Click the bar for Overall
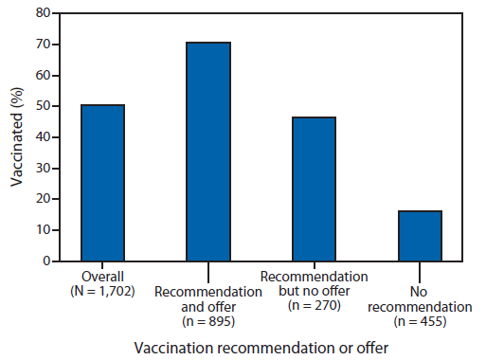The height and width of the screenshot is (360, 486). click(103, 182)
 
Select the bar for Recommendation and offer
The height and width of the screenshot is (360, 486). click(208, 151)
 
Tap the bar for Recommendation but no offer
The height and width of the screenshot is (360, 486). click(314, 189)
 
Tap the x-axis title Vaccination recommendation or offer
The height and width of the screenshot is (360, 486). click(261, 348)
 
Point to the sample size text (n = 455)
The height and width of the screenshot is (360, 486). click(419, 321)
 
